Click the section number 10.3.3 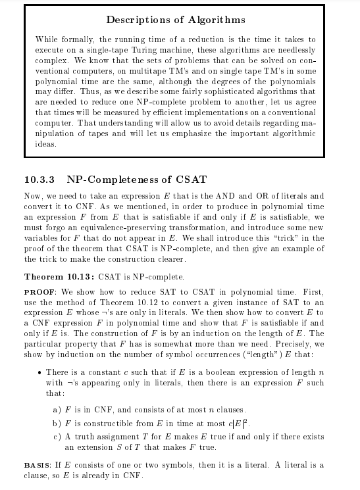(x=41, y=180)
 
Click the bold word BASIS (x=39, y=465)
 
